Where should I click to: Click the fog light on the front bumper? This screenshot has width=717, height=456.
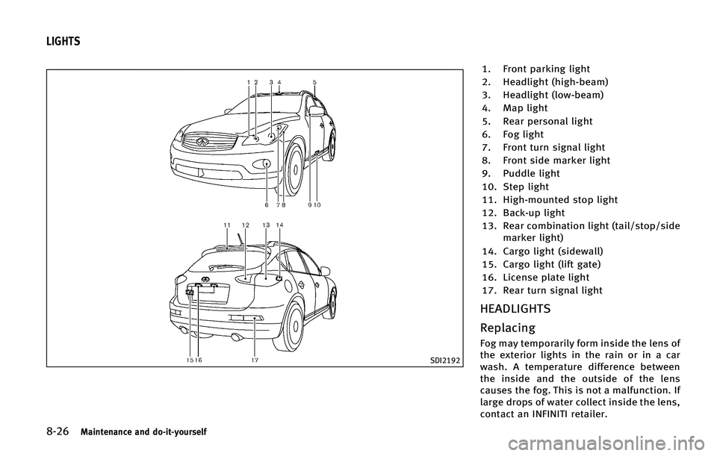pyautogui.click(x=267, y=164)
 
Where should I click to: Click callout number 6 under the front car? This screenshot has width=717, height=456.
pyautogui.click(x=267, y=204)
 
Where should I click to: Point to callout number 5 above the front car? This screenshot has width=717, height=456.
pyautogui.click(x=315, y=81)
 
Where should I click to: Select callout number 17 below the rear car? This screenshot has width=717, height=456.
pyautogui.click(x=255, y=359)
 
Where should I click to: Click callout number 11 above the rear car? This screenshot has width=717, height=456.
pyautogui.click(x=226, y=225)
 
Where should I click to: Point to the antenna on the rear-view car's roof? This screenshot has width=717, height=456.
pyautogui.click(x=239, y=238)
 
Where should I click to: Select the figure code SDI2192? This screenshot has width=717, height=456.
pyautogui.click(x=444, y=360)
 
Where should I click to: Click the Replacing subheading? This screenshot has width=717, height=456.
pyautogui.click(x=508, y=328)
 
